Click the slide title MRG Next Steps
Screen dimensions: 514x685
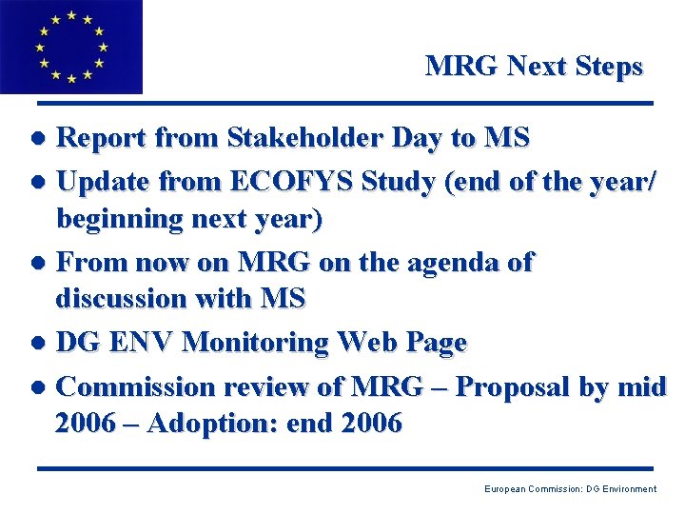coord(534,66)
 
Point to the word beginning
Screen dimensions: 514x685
coord(123,219)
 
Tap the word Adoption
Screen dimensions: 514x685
coord(219,422)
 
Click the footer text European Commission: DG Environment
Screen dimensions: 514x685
coord(570,488)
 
